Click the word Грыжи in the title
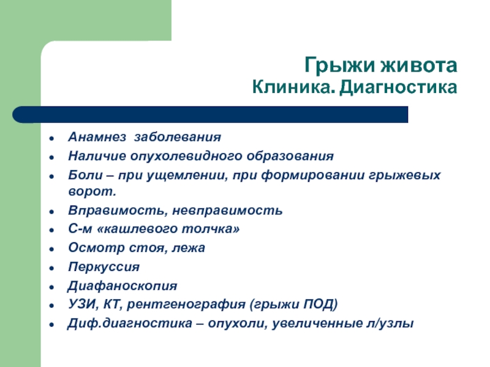click(x=339, y=65)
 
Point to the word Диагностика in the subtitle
click(x=399, y=87)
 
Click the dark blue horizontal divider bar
click(x=210, y=114)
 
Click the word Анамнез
click(x=97, y=136)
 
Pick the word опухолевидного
click(x=186, y=156)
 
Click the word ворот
click(x=92, y=191)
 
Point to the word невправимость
click(x=227, y=210)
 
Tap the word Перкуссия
click(x=104, y=267)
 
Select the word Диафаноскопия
click(x=123, y=286)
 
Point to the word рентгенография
click(x=186, y=305)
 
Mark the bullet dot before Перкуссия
click(x=52, y=269)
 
